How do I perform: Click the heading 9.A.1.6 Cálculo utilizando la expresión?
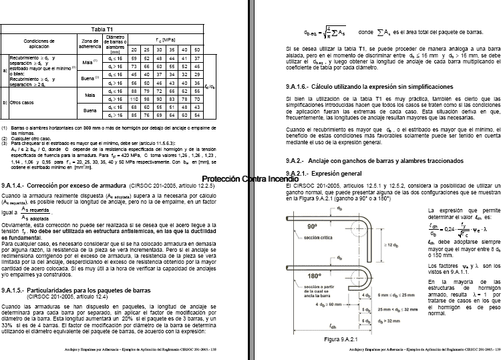tap(365, 87)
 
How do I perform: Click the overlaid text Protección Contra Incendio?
tap(251, 179)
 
